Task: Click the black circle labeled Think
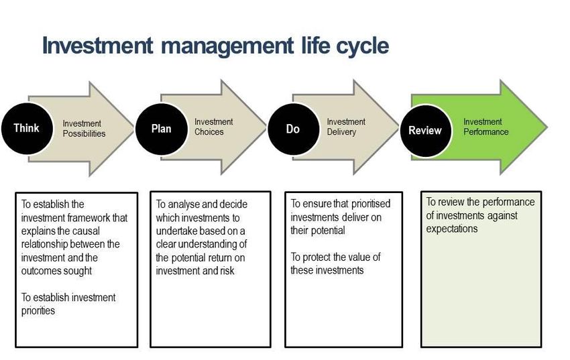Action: [27, 129]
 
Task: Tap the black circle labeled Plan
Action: [162, 129]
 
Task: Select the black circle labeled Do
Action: [294, 129]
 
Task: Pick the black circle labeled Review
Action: [426, 131]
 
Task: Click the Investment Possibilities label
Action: [84, 129]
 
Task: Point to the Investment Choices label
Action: [214, 127]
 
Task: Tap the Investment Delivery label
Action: [346, 127]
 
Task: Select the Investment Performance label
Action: [486, 127]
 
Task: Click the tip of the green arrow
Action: [547, 127]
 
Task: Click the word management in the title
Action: [227, 46]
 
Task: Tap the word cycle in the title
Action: [362, 46]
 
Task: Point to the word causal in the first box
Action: [85, 231]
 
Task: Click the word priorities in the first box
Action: [38, 311]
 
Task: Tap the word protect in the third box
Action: [317, 257]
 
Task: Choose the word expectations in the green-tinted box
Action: [452, 229]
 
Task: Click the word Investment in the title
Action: [97, 46]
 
